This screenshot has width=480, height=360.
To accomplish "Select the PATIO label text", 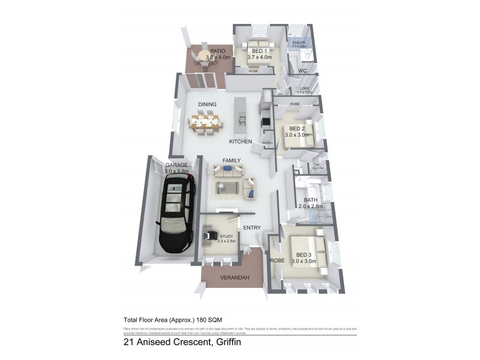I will [x=217, y=52].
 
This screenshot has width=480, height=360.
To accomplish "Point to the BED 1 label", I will [x=260, y=52].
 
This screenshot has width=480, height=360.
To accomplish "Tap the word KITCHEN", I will [x=240, y=142].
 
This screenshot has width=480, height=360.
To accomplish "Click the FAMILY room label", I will [x=232, y=161].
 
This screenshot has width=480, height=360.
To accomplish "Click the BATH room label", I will [x=311, y=200].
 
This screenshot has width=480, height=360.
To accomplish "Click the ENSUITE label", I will [x=299, y=43].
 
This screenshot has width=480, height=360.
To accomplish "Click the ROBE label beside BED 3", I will [x=277, y=261].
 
